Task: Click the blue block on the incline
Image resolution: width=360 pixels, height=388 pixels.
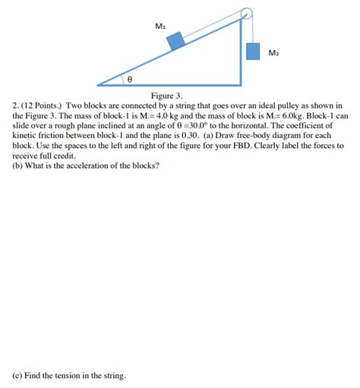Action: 176,40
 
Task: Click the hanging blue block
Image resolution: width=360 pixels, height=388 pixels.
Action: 254,50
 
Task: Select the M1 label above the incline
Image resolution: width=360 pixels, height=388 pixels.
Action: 160,26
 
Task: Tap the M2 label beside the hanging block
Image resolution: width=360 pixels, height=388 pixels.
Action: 273,52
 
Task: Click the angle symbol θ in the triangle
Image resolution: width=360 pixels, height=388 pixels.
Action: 129,77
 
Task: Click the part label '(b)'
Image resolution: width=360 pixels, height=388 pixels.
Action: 17,165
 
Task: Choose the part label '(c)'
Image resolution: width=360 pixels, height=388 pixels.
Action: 17,375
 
